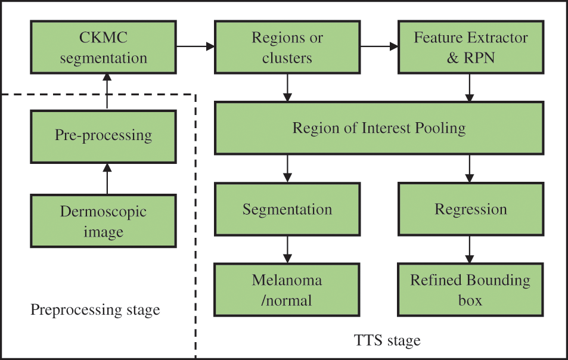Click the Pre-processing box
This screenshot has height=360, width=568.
point(103,136)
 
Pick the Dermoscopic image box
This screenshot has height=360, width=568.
point(103,221)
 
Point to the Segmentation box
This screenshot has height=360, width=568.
point(287,209)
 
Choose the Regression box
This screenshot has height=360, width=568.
point(471,209)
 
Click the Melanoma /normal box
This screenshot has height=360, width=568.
point(287,290)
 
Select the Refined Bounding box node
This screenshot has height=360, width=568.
point(471,290)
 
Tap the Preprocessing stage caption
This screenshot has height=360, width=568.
point(95,310)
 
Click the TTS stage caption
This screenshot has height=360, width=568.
point(387,341)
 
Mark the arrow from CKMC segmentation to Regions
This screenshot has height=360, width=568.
point(195,45)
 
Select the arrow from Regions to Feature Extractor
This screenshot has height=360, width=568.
point(379,45)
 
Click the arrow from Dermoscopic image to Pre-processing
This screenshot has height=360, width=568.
point(107,178)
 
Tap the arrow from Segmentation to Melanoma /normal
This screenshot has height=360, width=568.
point(288,249)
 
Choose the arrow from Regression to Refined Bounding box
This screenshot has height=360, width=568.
point(470,249)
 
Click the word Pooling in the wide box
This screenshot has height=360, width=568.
point(439,128)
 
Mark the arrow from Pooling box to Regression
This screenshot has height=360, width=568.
point(470,168)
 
